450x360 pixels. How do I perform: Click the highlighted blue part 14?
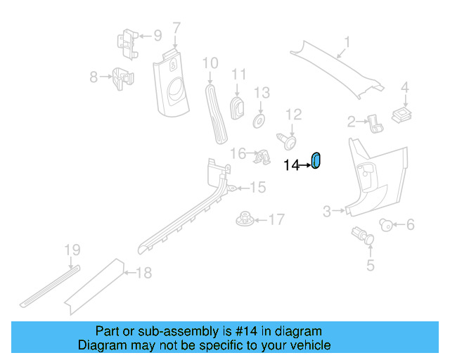click(x=316, y=160)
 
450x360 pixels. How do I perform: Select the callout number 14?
click(x=291, y=165)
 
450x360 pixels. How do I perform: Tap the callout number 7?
click(x=176, y=28)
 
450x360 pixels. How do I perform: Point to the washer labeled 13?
click(x=259, y=122)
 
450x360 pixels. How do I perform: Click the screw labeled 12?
click(x=287, y=141)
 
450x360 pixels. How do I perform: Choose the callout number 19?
click(x=72, y=250)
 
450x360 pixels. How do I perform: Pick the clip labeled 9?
click(x=128, y=44)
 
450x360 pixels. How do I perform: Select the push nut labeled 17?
click(x=245, y=219)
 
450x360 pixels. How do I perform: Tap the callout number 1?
click(x=347, y=42)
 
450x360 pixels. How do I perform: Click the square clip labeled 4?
click(x=401, y=115)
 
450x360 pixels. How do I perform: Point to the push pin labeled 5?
click(x=363, y=236)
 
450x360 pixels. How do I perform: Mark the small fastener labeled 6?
click(x=386, y=225)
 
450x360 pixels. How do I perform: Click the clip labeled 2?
click(x=375, y=124)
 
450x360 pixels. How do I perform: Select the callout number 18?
click(x=143, y=273)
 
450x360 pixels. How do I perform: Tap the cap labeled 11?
click(x=238, y=108)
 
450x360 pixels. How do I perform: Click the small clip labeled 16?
click(x=262, y=157)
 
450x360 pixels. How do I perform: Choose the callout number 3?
click(x=327, y=212)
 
